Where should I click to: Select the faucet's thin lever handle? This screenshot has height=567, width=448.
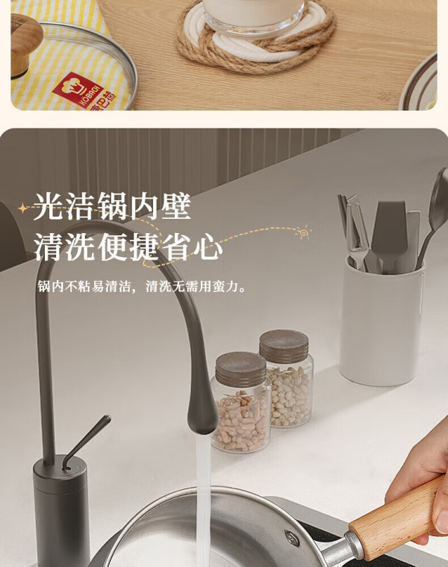point(86,441)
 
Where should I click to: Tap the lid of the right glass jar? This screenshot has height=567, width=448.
point(284,346)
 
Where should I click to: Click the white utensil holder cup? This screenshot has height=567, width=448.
point(381,321)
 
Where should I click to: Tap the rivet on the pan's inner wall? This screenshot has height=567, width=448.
point(292,538)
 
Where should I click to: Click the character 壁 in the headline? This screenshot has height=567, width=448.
point(176,206)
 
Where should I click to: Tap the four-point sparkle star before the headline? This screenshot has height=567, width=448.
point(23,208)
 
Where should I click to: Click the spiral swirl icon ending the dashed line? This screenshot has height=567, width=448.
point(303,232)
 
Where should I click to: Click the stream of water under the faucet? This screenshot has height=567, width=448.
point(203,499)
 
